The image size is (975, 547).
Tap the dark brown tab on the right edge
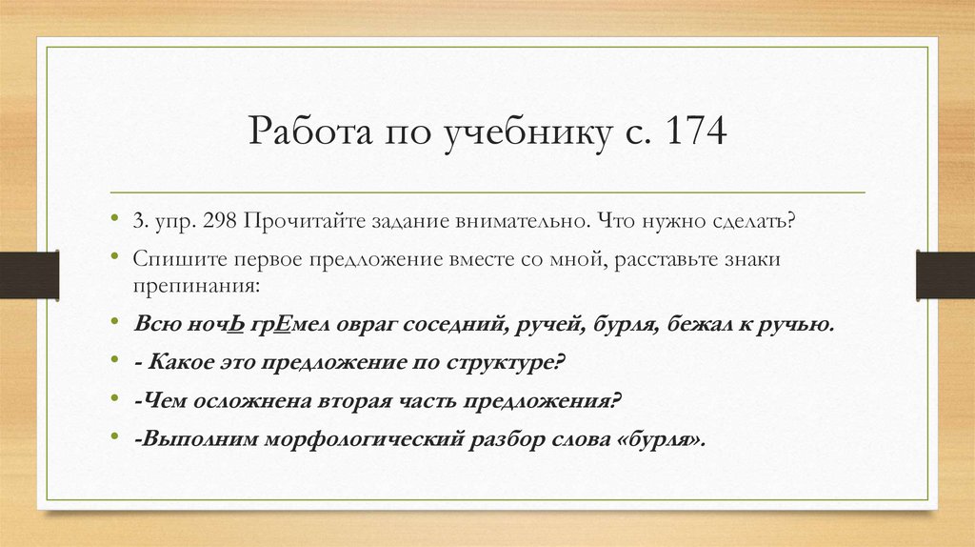(x=945, y=273)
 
